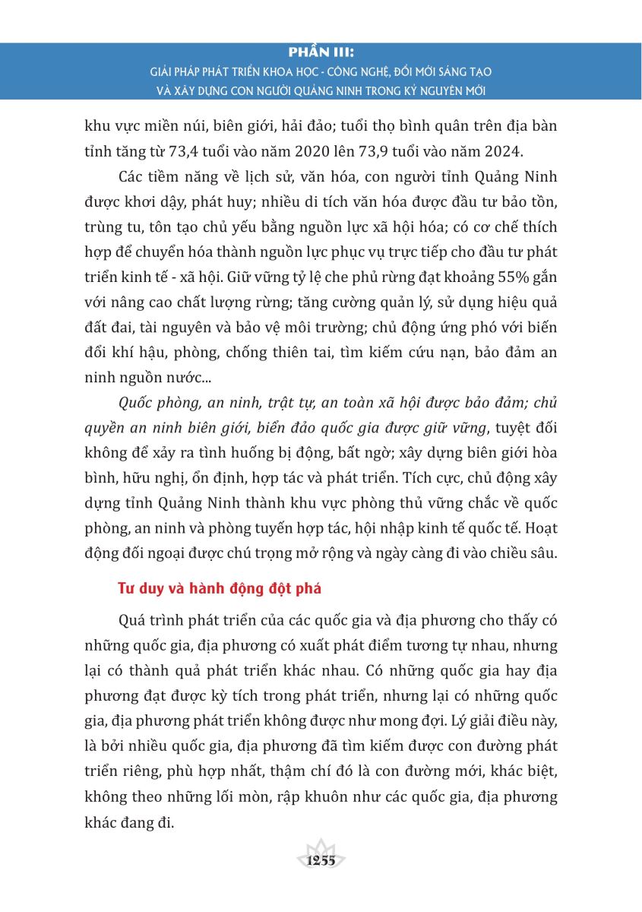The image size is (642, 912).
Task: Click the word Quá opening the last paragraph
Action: pyautogui.click(x=134, y=620)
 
